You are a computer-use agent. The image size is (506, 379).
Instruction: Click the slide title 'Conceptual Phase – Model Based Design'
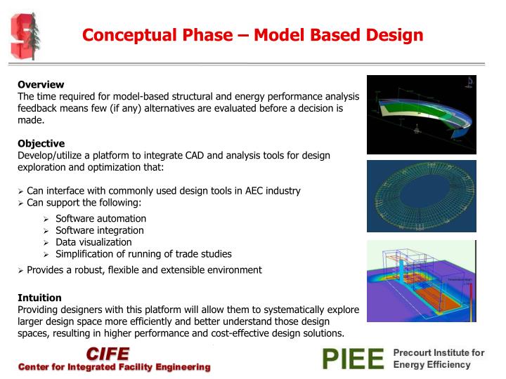[x=252, y=34]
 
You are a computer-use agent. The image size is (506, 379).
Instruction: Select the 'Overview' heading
[x=41, y=84]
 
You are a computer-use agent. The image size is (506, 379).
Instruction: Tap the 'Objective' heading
[x=41, y=143]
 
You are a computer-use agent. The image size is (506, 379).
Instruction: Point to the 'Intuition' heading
[x=39, y=298]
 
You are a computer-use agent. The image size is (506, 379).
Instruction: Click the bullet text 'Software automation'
[x=100, y=218]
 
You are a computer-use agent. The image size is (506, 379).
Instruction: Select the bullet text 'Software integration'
[x=99, y=230]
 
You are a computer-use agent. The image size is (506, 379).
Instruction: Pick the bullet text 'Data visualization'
[x=93, y=242]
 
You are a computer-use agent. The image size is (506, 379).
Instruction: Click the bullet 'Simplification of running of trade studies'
[x=143, y=254]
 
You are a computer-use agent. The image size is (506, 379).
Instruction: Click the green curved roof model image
[x=421, y=114]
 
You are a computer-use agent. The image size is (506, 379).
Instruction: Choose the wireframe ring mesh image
[x=421, y=196]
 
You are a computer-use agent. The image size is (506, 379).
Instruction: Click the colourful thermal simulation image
[x=421, y=281]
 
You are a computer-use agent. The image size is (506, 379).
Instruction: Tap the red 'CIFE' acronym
[x=108, y=353]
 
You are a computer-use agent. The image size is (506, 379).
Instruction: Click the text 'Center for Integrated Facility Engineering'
[x=114, y=367]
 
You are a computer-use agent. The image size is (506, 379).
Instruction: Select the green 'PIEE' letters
[x=353, y=359]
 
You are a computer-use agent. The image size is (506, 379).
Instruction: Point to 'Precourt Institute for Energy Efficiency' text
[x=439, y=359]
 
